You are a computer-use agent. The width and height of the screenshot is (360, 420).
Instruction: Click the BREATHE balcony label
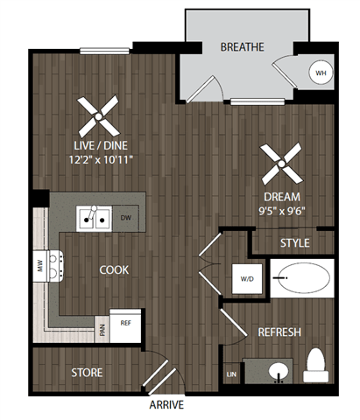coord(243,46)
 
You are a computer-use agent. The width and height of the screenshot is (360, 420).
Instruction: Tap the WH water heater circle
coord(321,73)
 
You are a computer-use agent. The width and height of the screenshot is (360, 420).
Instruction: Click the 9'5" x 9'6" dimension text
coord(282,211)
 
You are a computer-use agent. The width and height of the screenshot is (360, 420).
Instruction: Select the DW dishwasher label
coord(125,218)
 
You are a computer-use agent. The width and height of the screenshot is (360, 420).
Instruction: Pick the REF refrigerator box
coord(125,323)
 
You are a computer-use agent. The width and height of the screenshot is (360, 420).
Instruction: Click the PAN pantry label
coord(102,331)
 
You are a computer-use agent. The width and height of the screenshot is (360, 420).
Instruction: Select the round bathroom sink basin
coord(279,371)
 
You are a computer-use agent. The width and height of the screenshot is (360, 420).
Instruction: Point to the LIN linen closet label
coord(230,374)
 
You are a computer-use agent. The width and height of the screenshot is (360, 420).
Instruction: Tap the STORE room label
coord(87,373)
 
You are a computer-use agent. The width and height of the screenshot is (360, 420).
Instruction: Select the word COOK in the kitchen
coord(114,270)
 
